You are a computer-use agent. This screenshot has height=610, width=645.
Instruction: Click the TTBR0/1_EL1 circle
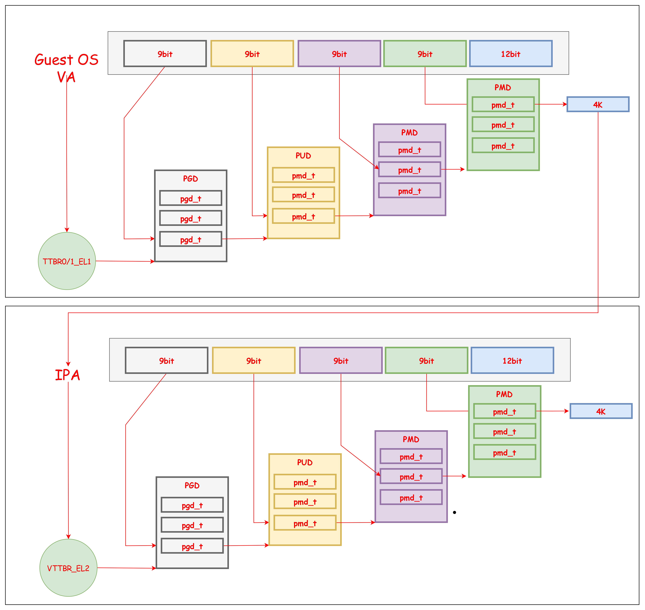[67, 261]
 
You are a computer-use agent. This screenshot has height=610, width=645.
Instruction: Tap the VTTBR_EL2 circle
[68, 568]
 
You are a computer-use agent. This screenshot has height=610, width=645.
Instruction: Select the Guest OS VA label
[66, 68]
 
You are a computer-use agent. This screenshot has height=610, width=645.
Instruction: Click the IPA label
[67, 375]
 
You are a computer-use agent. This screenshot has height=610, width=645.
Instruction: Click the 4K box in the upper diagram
[598, 104]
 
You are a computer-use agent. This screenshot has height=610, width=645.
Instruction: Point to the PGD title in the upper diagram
[190, 178]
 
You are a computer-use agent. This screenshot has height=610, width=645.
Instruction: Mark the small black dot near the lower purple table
[454, 512]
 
